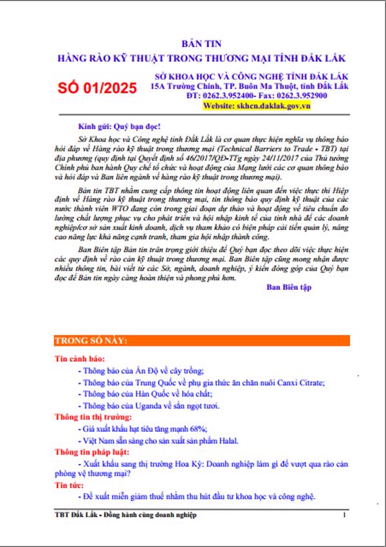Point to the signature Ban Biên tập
[x=289, y=287]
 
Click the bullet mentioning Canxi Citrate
[x=200, y=383]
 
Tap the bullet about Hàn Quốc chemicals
[x=149, y=395]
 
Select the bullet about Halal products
[x=157, y=441]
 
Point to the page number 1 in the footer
[x=345, y=515]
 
